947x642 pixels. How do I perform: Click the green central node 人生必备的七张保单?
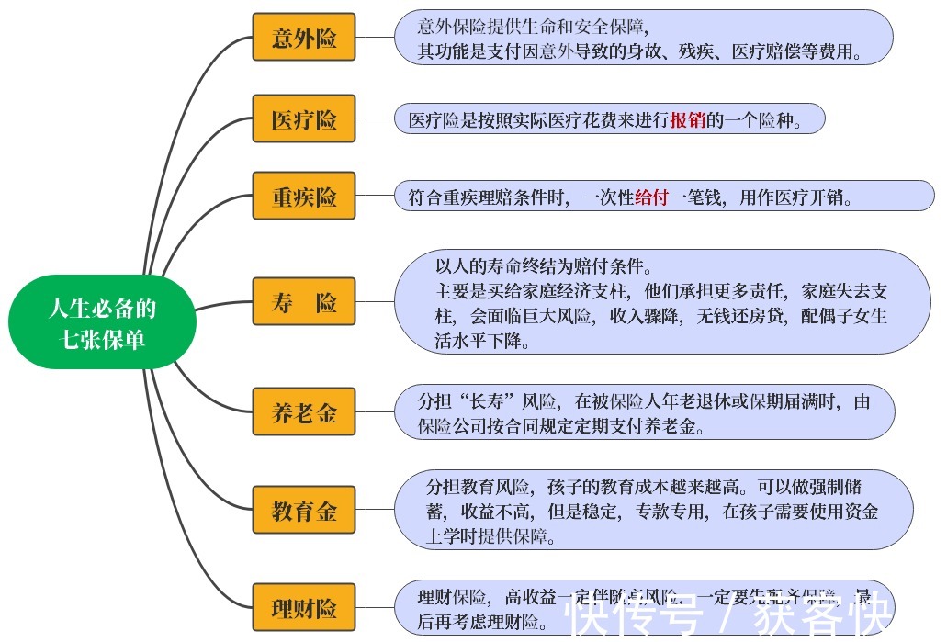[x=102, y=322]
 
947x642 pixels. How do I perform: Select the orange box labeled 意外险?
[x=304, y=39]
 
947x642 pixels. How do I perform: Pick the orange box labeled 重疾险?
[x=304, y=197]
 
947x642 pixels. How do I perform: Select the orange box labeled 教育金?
[x=304, y=512]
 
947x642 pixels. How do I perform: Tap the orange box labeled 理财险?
[x=304, y=607]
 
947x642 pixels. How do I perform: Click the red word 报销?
[x=688, y=120]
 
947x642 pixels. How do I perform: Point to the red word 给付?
[x=651, y=197]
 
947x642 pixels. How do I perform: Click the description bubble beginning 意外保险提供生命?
[x=643, y=38]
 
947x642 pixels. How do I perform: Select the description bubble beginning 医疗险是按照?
[x=610, y=120]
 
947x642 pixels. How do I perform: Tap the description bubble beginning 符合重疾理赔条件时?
[x=664, y=197]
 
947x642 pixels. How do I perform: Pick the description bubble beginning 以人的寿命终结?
[x=661, y=303]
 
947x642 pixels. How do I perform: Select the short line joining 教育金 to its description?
[x=375, y=511]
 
